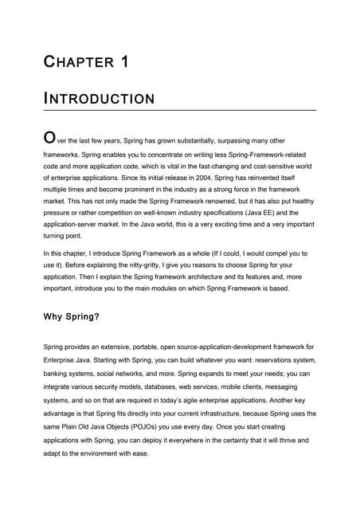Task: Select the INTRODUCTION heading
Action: pyautogui.click(x=99, y=100)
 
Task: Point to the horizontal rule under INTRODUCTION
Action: pyautogui.click(x=179, y=110)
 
